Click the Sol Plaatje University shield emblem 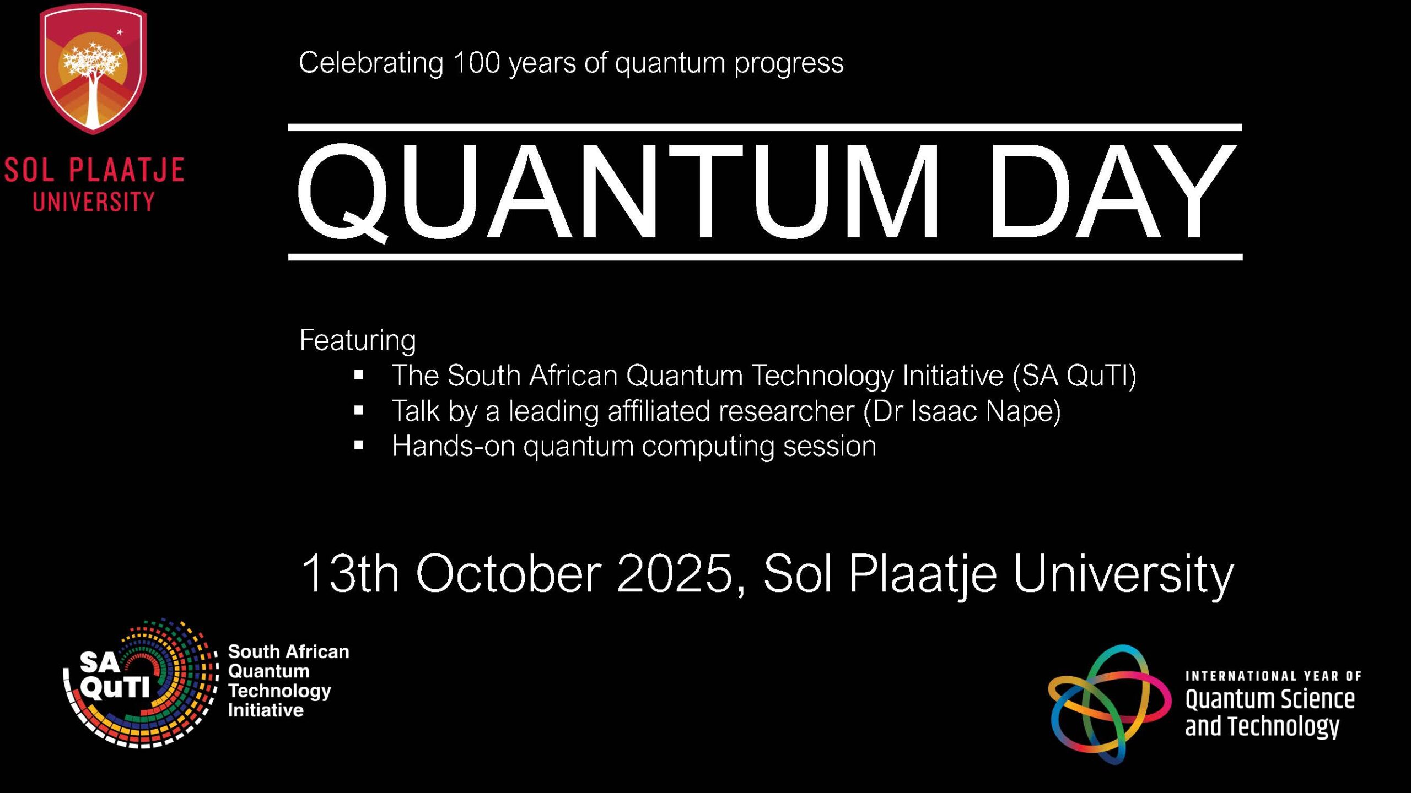(x=93, y=69)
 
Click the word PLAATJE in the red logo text (x=127, y=170)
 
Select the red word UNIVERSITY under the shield (x=94, y=202)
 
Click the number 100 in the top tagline (x=476, y=63)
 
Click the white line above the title (x=765, y=128)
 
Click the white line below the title (x=765, y=257)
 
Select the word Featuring (x=358, y=340)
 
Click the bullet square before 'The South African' (x=359, y=376)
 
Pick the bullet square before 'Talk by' (x=359, y=410)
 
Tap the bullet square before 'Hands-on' (x=359, y=446)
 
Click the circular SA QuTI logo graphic (x=141, y=683)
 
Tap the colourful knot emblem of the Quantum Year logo (x=1109, y=704)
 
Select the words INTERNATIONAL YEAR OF (x=1273, y=676)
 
